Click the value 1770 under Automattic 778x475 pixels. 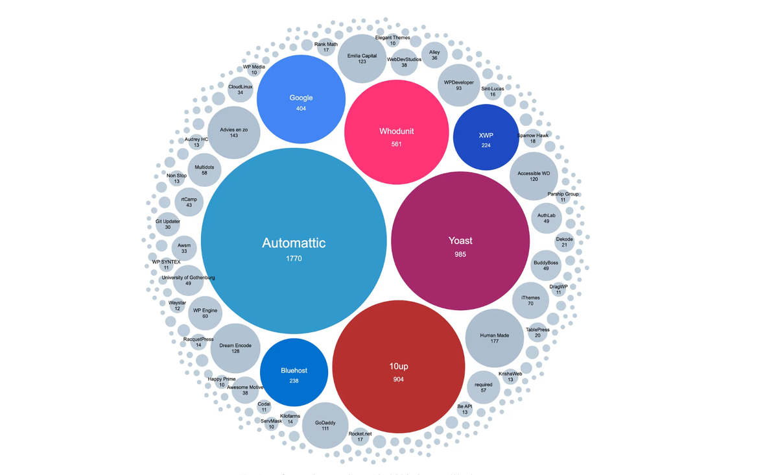click(294, 258)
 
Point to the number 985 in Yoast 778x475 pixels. click(460, 254)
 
